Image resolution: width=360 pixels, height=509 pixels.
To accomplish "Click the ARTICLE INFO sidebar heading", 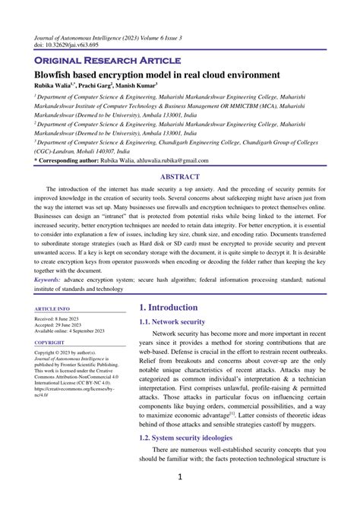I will click(x=52, y=309).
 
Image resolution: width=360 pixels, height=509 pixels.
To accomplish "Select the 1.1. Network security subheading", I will click(x=172, y=322).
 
